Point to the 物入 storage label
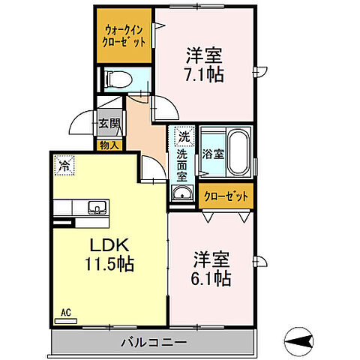click(109, 144)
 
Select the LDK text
click(112, 246)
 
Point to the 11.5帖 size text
click(113, 265)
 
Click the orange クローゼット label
click(226, 196)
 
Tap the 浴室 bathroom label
click(212, 154)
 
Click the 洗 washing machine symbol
click(182, 138)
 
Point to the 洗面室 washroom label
click(182, 166)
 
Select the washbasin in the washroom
click(181, 195)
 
